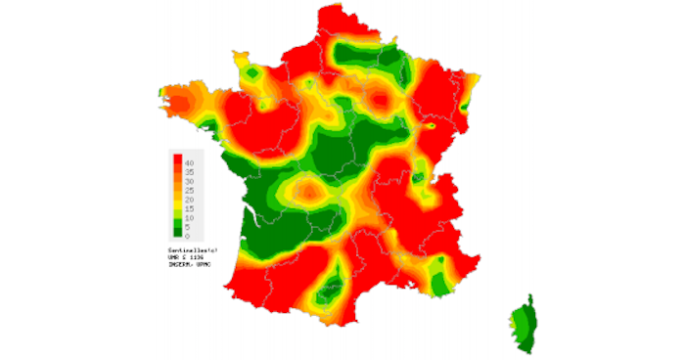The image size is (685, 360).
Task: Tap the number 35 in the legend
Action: (x=189, y=171)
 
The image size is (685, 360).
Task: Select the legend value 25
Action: (x=189, y=191)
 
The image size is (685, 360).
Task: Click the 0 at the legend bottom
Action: (x=187, y=236)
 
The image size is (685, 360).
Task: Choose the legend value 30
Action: (x=189, y=181)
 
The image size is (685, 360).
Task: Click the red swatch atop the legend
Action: (x=177, y=158)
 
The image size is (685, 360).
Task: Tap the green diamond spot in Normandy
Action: (x=253, y=74)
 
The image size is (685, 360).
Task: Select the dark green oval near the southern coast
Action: (x=331, y=287)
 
